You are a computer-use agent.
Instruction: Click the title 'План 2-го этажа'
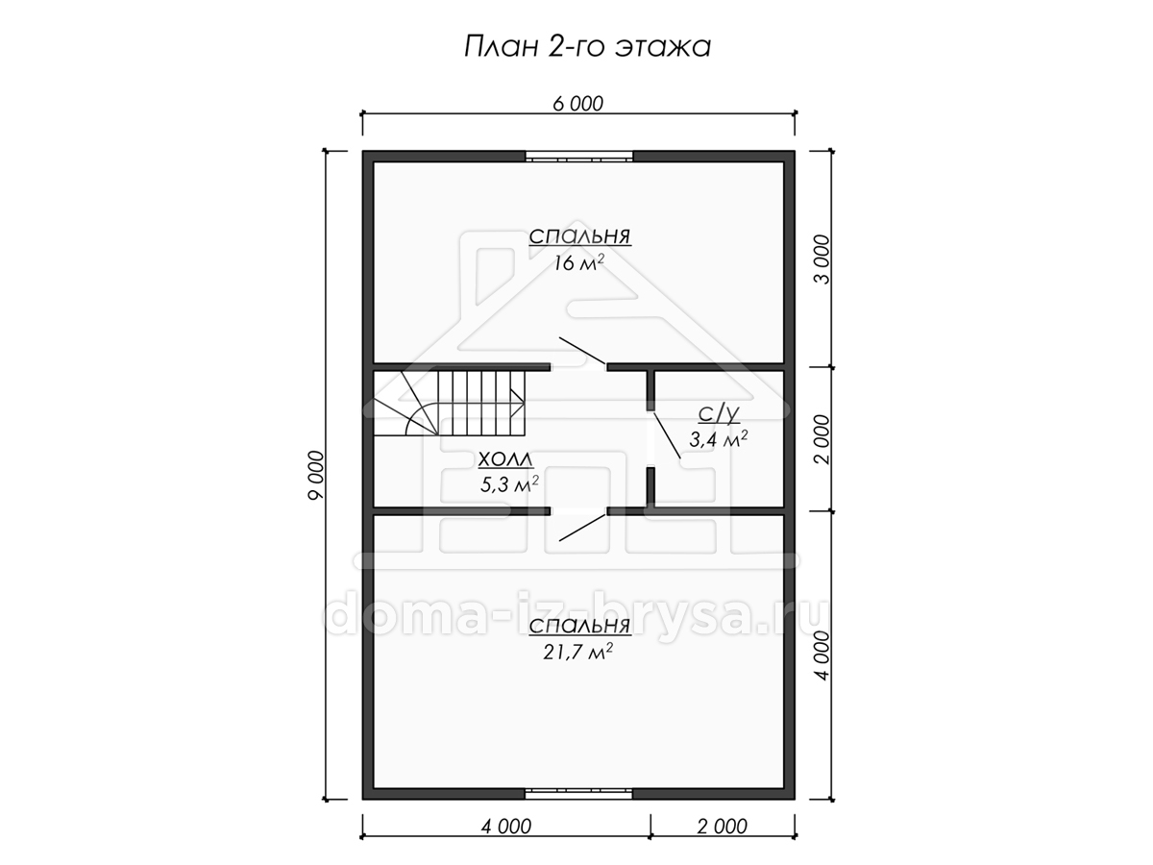click(587, 47)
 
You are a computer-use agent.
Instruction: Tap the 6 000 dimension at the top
click(577, 104)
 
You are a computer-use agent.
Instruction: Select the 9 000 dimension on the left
click(316, 476)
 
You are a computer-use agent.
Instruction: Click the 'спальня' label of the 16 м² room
click(580, 236)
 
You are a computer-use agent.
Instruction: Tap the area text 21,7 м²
click(577, 653)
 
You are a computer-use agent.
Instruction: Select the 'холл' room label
click(505, 459)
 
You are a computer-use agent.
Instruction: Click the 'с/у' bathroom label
click(719, 414)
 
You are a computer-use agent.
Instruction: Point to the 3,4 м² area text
click(719, 439)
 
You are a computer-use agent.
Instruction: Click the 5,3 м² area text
click(509, 484)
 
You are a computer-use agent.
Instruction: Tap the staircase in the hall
click(449, 403)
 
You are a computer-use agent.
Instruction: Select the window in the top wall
click(579, 157)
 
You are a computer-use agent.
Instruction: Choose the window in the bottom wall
click(579, 809)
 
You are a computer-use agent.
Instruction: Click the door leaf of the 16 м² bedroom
click(582, 351)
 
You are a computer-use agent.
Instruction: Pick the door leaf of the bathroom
click(667, 435)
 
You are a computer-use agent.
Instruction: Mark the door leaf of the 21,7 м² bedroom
click(582, 528)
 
